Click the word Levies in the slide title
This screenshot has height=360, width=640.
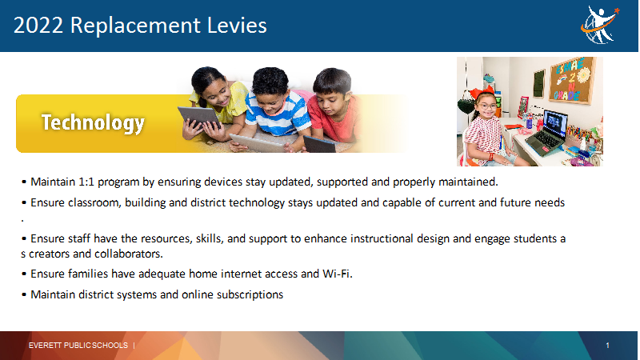[x=237, y=26]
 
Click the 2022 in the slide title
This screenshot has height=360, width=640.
[x=38, y=26]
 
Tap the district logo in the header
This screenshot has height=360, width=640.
[x=600, y=25]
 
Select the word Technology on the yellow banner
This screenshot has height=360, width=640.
[x=93, y=122]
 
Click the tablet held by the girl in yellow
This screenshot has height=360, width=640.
[x=199, y=117]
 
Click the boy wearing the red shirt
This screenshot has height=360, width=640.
[x=333, y=107]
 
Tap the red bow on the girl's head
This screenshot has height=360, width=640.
[x=482, y=92]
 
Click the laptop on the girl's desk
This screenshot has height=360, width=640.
[x=548, y=133]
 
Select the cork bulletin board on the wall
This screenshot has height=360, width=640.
[x=571, y=79]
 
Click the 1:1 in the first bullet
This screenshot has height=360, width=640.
[x=86, y=182]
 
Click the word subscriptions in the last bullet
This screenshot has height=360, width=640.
[x=250, y=294]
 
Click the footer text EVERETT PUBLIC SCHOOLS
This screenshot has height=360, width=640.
[x=78, y=346]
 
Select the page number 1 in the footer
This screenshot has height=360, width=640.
[x=607, y=346]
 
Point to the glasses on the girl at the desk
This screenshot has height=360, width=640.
[x=488, y=106]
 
